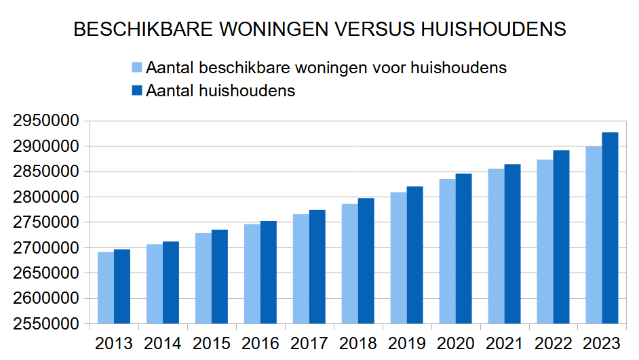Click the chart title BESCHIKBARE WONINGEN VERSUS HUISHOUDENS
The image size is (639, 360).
[x=319, y=29]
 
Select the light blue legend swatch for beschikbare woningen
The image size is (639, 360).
[x=136, y=68]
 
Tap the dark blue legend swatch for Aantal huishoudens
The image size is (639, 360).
[x=136, y=90]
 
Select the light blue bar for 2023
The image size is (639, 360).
[x=594, y=235]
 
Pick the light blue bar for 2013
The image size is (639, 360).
[x=106, y=287]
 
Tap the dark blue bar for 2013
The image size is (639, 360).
[x=122, y=286]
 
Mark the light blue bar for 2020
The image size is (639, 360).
[x=447, y=251]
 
